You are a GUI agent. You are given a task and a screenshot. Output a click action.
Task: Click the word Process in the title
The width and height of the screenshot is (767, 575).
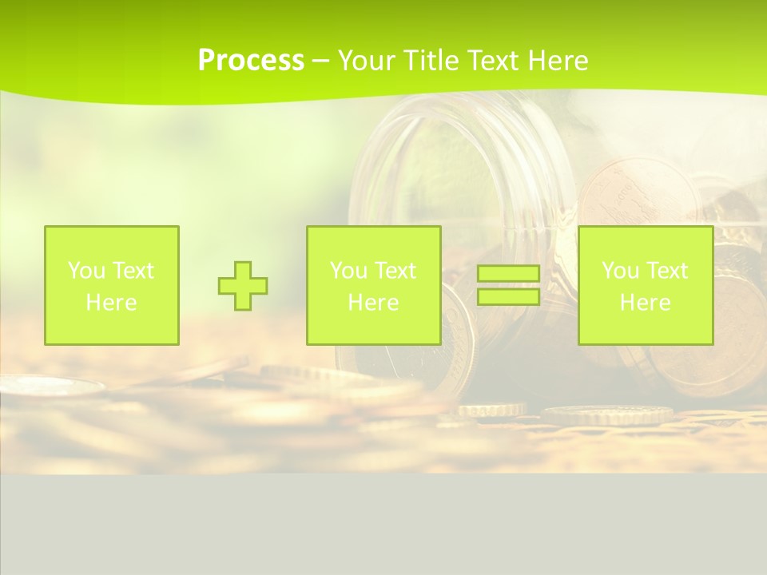coord(251,61)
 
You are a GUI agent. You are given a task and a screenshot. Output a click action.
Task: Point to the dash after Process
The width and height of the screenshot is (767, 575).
coord(320,61)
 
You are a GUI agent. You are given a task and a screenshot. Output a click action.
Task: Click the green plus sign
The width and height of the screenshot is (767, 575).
coord(243,286)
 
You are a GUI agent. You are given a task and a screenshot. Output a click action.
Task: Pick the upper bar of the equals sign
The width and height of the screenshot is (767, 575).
coord(508,273)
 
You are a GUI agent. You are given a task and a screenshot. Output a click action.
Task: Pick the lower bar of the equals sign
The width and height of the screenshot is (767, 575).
coord(508,296)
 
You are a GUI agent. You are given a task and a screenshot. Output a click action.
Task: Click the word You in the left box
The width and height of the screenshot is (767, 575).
coord(85,271)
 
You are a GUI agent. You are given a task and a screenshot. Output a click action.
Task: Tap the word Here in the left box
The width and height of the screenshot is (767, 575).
coord(111,303)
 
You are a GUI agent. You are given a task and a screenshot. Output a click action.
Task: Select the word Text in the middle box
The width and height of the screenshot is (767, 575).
coord(395,271)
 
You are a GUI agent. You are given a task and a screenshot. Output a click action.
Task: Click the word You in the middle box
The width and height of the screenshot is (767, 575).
coord(348,271)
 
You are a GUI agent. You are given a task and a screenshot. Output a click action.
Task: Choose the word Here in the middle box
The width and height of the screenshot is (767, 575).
coord(373,303)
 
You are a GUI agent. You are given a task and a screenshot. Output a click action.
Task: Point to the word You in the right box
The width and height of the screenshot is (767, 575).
coord(619,271)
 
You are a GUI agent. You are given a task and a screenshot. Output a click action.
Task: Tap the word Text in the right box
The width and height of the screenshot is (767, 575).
coord(667,271)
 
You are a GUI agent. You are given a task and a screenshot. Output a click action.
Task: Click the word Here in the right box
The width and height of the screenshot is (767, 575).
coord(645,303)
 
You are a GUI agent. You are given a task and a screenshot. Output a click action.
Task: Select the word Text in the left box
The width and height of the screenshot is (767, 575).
coord(133,271)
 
